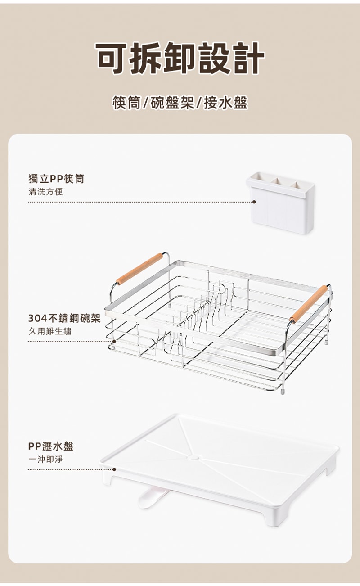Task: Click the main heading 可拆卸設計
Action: pos(180,58)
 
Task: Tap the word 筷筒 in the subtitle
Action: pos(127,103)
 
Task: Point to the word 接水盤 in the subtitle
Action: pos(226,103)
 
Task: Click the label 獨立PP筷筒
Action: pos(56,179)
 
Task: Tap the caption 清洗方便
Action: pos(46,192)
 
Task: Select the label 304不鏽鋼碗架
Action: pos(64,318)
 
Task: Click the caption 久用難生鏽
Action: pos(50,331)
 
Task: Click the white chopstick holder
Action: pos(281,202)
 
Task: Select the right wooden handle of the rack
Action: pos(309,303)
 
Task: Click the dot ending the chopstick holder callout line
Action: pos(254,202)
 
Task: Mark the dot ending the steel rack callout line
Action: pos(114,342)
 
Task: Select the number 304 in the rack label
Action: pos(37,319)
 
